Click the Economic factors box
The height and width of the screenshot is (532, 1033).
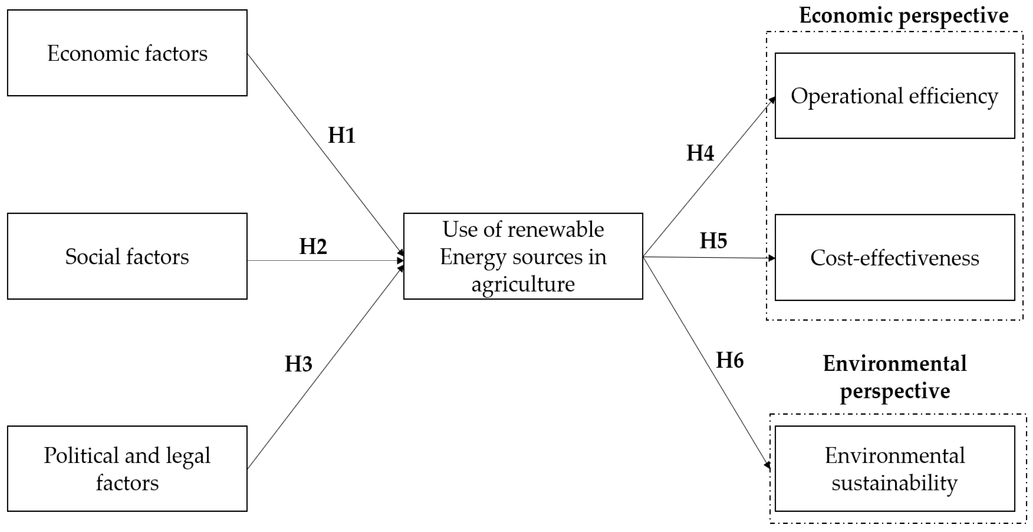[127, 53]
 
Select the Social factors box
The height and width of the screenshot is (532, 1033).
[127, 257]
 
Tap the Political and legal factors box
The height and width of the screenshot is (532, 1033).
[127, 469]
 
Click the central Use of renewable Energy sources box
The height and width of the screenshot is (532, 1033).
[523, 257]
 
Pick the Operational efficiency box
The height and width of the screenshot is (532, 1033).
[894, 96]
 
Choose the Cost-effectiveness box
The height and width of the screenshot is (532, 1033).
[894, 257]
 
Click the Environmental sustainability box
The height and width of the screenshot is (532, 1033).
[894, 469]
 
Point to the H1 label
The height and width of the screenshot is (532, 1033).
[342, 135]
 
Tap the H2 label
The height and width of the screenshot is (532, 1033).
[313, 246]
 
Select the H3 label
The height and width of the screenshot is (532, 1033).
[298, 364]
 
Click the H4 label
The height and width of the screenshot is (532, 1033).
[700, 153]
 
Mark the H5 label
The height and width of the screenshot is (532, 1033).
[713, 241]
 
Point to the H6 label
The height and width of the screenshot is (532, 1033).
[730, 360]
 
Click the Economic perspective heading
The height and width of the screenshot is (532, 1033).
[904, 16]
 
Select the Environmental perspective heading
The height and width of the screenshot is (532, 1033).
[895, 377]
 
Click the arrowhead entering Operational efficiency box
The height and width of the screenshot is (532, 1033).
[771, 100]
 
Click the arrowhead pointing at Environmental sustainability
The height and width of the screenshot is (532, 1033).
[768, 465]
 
